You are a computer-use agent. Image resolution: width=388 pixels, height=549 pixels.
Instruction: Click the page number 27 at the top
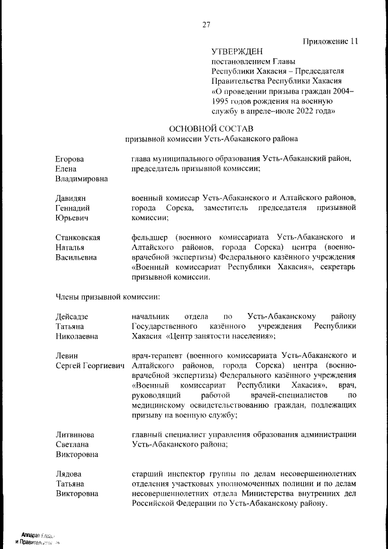click(x=206, y=25)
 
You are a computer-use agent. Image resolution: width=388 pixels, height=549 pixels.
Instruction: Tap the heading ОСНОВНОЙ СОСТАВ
click(x=211, y=129)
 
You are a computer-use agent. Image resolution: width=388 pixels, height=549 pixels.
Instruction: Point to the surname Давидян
click(x=71, y=198)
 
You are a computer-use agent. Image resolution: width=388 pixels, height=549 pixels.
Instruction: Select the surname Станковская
click(x=78, y=237)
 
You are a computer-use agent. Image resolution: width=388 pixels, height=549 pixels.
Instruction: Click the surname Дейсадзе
click(x=72, y=316)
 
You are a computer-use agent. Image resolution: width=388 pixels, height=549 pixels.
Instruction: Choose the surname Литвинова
click(x=75, y=434)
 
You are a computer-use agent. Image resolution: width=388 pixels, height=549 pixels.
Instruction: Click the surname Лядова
click(x=69, y=473)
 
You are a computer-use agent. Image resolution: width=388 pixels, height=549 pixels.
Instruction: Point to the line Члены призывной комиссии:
click(x=108, y=297)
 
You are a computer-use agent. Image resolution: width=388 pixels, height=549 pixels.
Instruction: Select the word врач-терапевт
click(x=156, y=355)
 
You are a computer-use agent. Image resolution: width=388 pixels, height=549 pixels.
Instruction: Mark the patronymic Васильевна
click(x=76, y=257)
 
